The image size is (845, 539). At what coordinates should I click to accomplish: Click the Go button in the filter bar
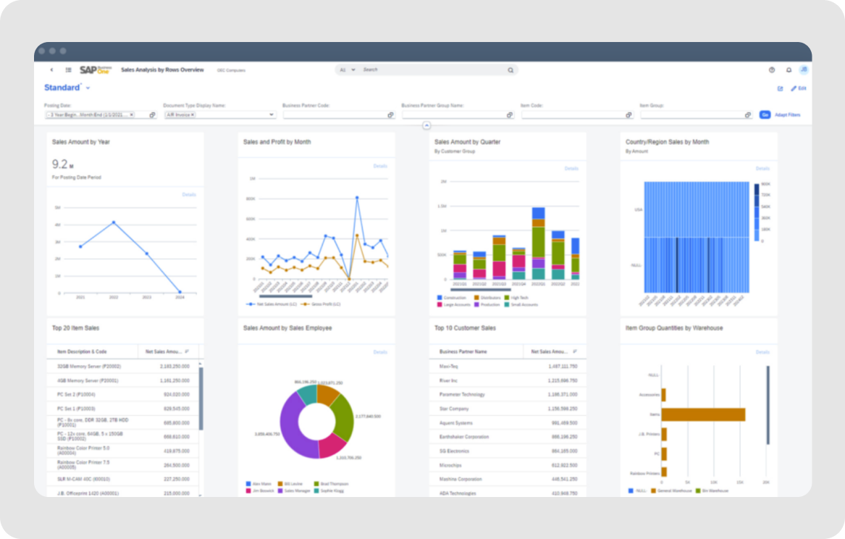point(765,114)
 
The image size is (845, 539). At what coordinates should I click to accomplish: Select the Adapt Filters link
point(787,114)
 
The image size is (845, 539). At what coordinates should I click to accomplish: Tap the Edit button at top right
point(799,88)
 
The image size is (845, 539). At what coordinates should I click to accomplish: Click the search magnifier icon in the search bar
point(510,70)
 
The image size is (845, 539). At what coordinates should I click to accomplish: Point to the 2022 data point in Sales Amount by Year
point(113,222)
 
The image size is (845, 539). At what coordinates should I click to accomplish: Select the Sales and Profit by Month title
point(277,142)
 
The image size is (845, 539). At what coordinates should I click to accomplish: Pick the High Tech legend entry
point(518,298)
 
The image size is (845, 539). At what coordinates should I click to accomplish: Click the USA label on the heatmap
point(638,209)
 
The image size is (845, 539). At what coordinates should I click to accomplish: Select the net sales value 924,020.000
point(177,394)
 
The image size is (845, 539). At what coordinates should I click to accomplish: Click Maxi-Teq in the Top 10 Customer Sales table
point(450,367)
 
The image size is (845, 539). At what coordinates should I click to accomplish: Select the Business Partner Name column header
point(463,351)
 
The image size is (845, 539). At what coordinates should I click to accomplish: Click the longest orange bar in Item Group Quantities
point(703,414)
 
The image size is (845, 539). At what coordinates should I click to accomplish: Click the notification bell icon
point(789,70)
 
